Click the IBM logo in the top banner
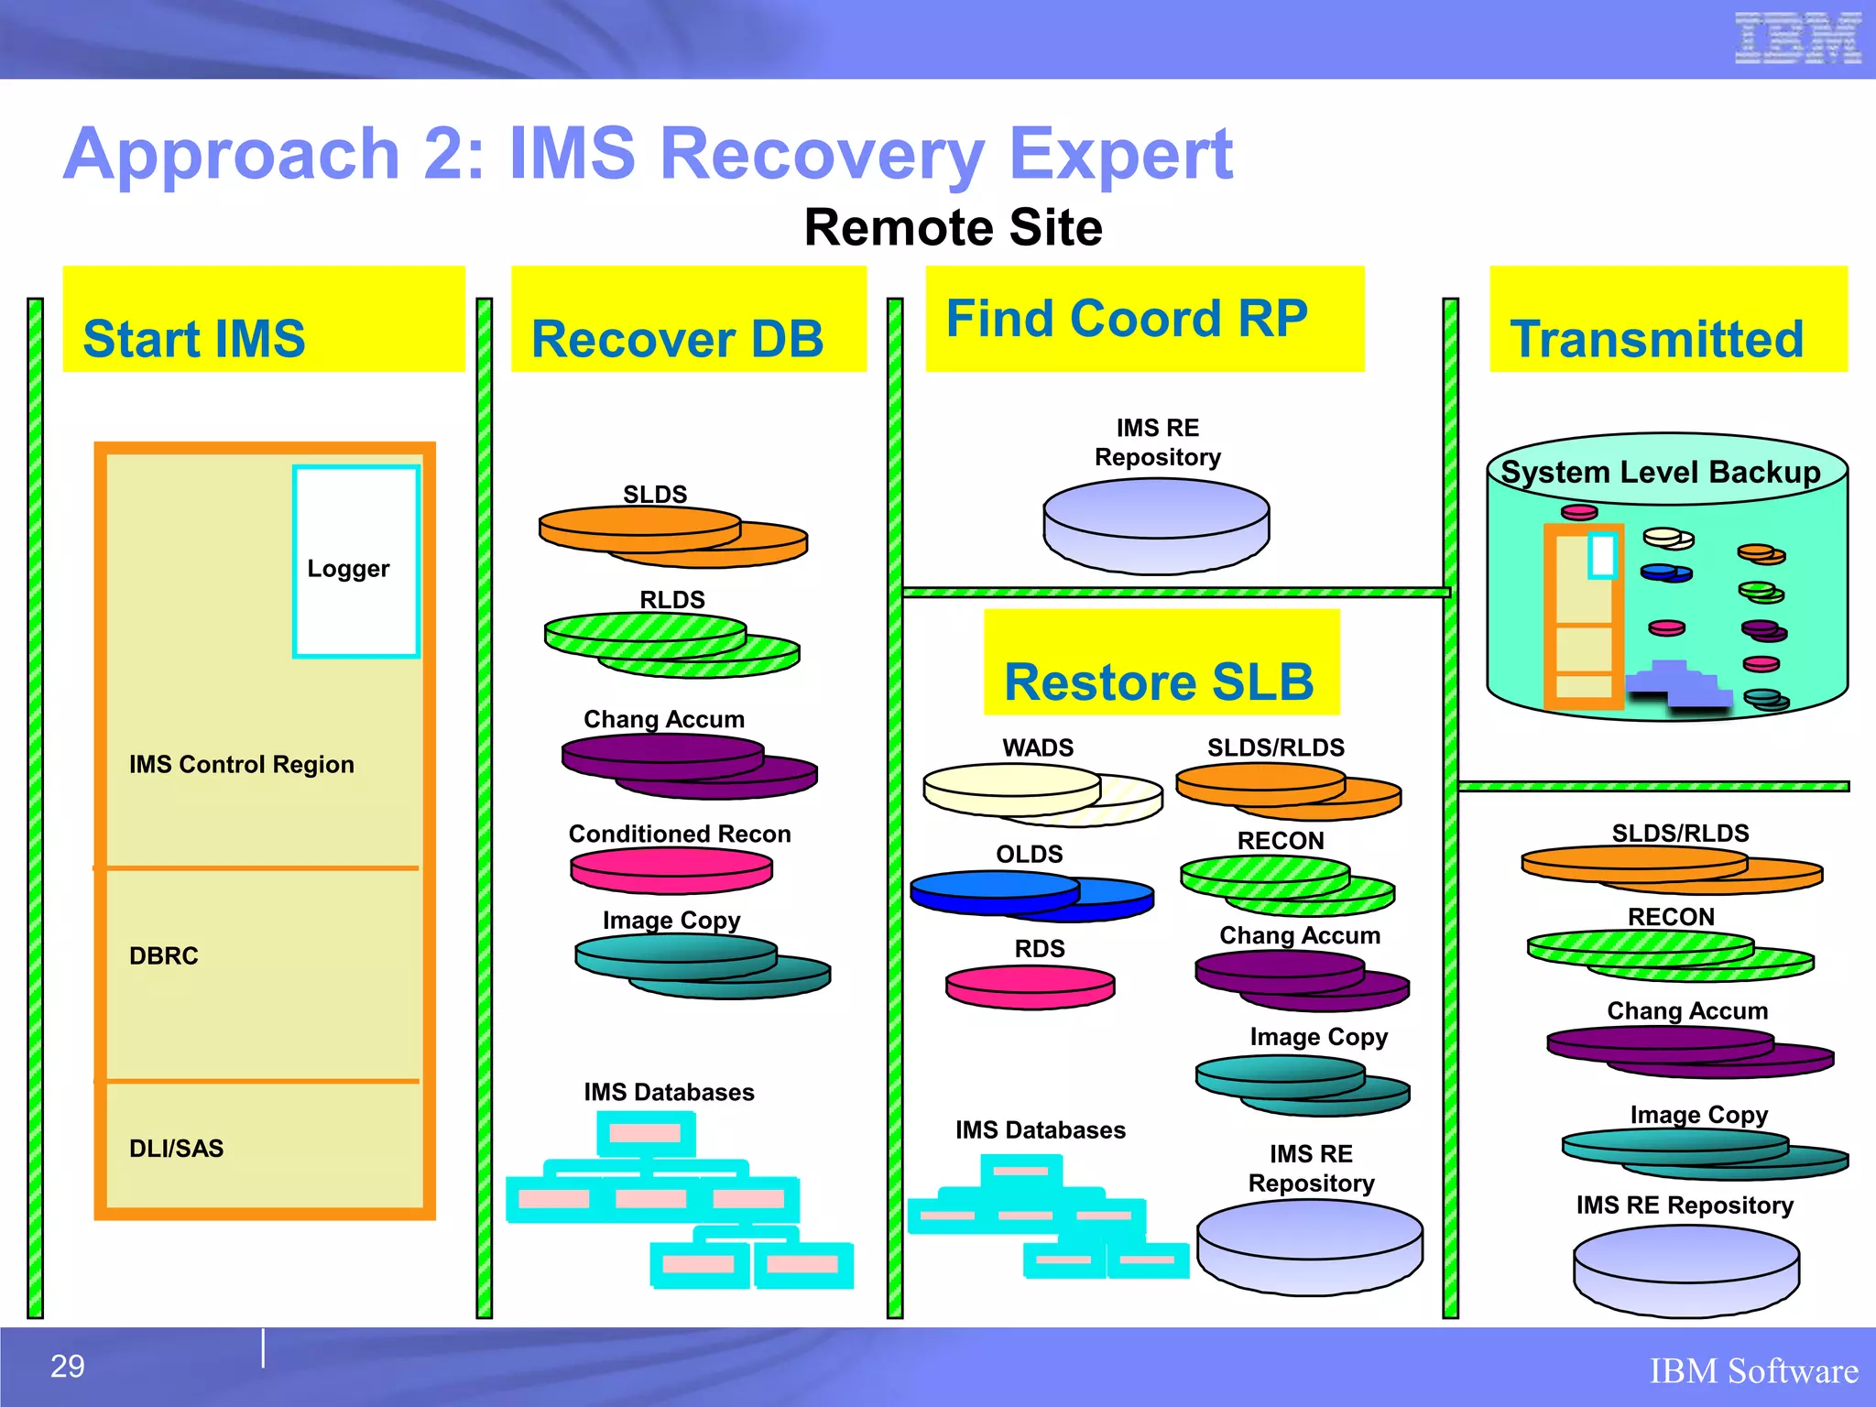(1797, 38)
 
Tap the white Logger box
(355, 562)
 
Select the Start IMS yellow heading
(264, 320)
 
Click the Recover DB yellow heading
(688, 320)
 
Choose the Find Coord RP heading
(1144, 319)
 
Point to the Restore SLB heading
(1161, 662)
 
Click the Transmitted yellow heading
(1667, 320)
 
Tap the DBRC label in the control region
(164, 955)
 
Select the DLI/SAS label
(176, 1148)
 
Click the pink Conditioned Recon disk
(671, 870)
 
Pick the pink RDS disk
(1030, 987)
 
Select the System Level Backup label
(1661, 472)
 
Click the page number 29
(67, 1366)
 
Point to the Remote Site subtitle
(953, 227)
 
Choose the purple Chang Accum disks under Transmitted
(1688, 1050)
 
